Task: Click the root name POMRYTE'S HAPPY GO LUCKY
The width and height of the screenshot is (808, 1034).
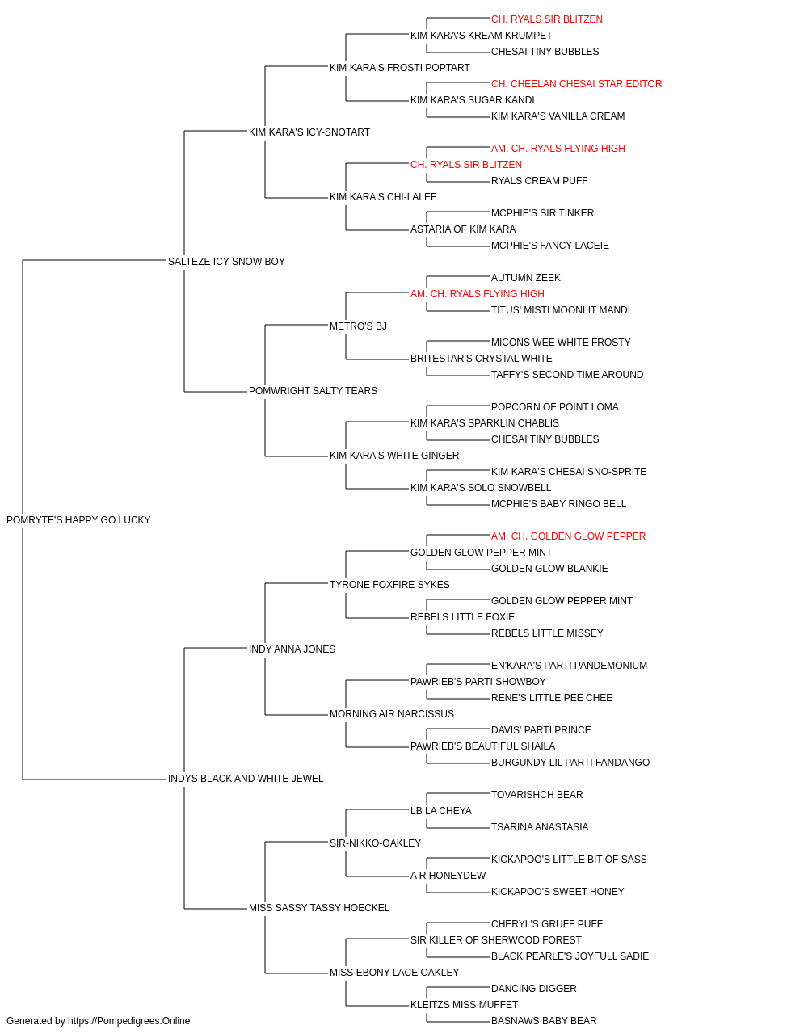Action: pyautogui.click(x=78, y=520)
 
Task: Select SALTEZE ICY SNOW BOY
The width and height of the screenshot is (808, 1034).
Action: pyautogui.click(x=226, y=261)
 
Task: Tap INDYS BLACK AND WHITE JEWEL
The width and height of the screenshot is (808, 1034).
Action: pyautogui.click(x=246, y=779)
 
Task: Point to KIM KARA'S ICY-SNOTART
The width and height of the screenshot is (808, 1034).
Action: pyautogui.click(x=309, y=132)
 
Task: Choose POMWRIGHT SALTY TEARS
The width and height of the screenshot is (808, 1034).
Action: pyautogui.click(x=314, y=391)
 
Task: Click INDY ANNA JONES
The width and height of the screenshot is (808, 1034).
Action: pyautogui.click(x=292, y=649)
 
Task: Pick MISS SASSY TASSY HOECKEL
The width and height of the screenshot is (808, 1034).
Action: pyautogui.click(x=319, y=908)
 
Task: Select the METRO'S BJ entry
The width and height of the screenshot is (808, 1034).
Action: pyautogui.click(x=358, y=326)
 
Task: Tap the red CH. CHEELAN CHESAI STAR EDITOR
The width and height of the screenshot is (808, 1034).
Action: pyautogui.click(x=577, y=84)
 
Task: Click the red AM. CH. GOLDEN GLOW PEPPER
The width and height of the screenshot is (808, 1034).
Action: pyautogui.click(x=569, y=536)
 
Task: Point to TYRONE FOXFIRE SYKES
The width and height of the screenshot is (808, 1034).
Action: pyautogui.click(x=389, y=584)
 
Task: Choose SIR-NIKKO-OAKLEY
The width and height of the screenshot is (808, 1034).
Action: pyautogui.click(x=376, y=843)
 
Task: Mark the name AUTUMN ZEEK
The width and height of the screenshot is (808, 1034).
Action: pyautogui.click(x=526, y=277)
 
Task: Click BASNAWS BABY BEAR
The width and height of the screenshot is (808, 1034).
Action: pyautogui.click(x=544, y=1021)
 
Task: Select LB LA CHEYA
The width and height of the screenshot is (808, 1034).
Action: pyautogui.click(x=441, y=811)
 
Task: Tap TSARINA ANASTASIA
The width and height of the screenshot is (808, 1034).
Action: pyautogui.click(x=540, y=827)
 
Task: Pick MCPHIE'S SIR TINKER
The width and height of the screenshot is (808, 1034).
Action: pyautogui.click(x=543, y=212)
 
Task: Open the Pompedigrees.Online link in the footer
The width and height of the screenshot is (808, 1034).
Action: pyautogui.click(x=129, y=1021)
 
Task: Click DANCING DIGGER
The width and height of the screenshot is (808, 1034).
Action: pyautogui.click(x=534, y=988)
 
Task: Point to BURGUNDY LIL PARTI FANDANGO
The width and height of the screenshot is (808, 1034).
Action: pyautogui.click(x=570, y=763)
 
